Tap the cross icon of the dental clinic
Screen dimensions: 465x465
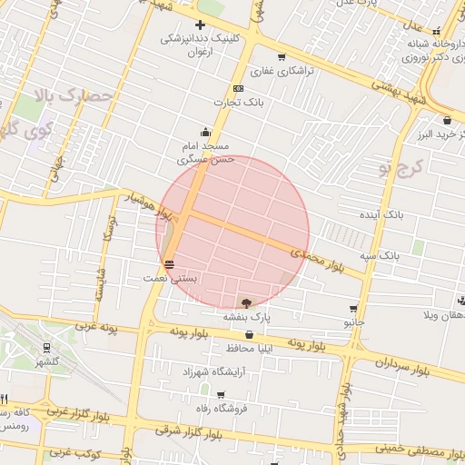(x=200, y=25)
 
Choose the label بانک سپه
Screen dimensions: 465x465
(x=379, y=256)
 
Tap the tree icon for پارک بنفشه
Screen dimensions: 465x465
(x=247, y=302)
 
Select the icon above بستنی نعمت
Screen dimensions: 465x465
(x=170, y=264)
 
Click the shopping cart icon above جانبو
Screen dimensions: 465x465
(x=352, y=309)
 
